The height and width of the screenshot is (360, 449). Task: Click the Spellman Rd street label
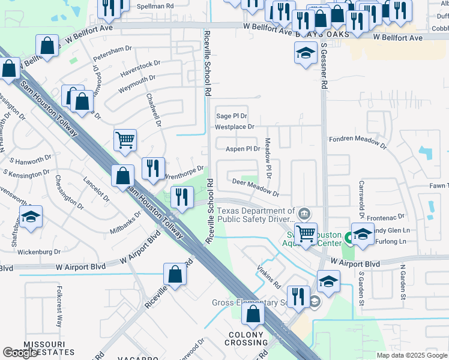click(155, 5)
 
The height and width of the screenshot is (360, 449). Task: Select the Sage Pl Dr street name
click(232, 116)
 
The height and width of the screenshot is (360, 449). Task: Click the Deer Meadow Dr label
click(256, 187)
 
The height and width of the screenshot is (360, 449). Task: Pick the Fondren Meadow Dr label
click(358, 140)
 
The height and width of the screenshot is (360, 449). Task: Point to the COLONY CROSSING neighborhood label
click(246, 338)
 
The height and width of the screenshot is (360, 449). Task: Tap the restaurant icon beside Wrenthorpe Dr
click(152, 167)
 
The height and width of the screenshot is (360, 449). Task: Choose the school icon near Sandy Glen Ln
click(363, 233)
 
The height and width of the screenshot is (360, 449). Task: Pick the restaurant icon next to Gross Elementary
click(297, 295)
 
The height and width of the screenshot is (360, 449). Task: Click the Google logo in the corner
click(20, 353)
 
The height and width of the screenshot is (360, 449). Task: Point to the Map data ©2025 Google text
click(412, 355)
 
